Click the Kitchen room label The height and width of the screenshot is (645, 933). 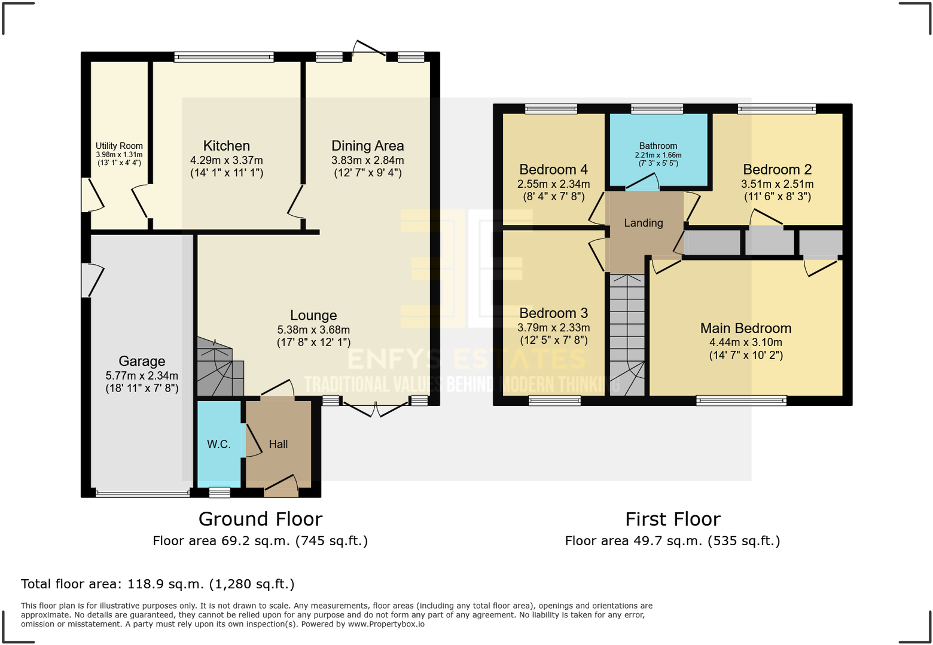pos(226,146)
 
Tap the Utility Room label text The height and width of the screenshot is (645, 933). pos(119,146)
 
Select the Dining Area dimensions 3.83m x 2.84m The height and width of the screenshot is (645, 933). pos(367,160)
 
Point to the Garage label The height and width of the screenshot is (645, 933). pos(142,361)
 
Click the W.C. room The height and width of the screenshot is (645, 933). pos(219,444)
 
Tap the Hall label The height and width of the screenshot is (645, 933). pos(278,444)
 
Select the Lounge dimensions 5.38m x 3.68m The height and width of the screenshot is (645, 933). pos(313,329)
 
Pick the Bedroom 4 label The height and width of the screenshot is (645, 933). pos(553,170)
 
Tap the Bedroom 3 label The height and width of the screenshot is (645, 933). pos(553,313)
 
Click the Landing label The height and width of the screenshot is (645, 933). pos(644,223)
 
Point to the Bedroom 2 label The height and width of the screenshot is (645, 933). pos(777,170)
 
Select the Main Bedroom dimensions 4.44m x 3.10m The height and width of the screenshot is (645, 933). pos(746,343)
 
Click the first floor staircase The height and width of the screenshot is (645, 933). pos(627,335)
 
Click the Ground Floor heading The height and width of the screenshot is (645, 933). pos(260,519)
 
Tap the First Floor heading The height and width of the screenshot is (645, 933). pos(672,519)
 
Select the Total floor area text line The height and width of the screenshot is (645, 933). pos(158,584)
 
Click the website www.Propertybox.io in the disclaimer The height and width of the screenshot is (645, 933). pos(386,624)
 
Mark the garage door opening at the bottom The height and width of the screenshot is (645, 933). pos(142,494)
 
